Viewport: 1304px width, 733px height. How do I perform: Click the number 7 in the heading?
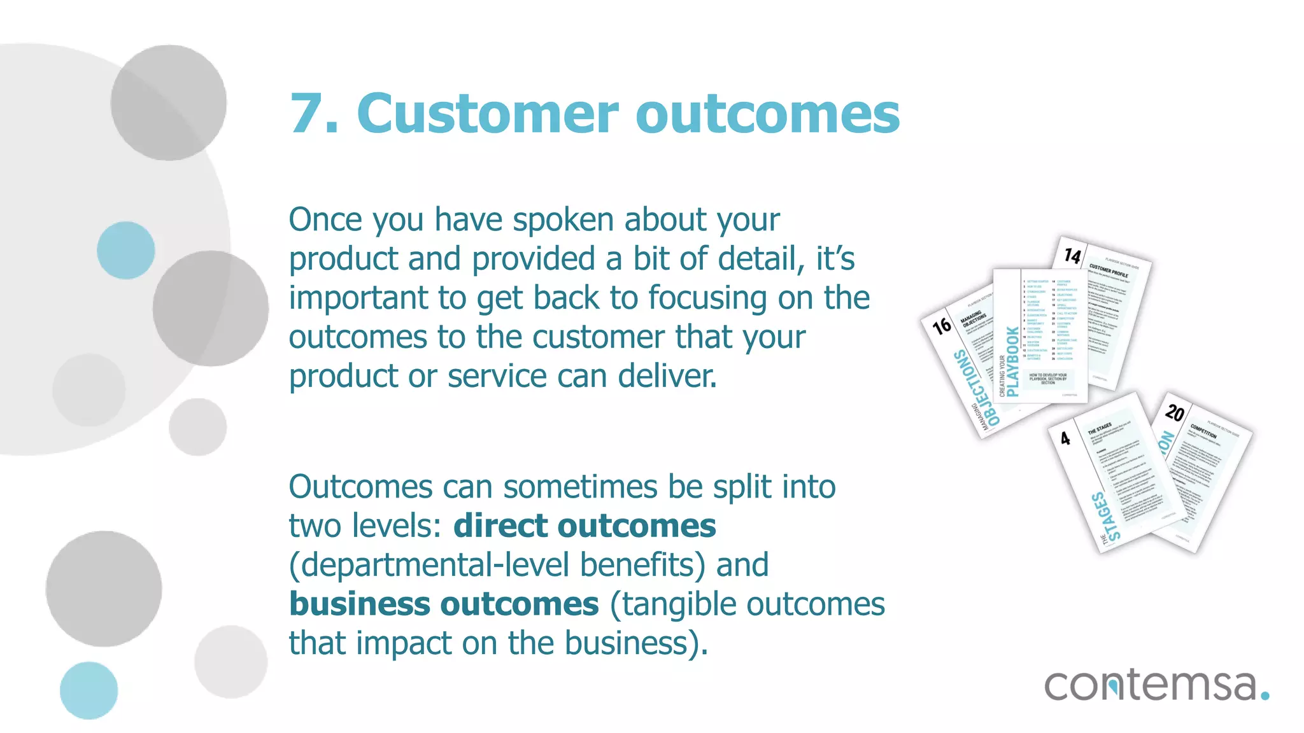click(x=308, y=115)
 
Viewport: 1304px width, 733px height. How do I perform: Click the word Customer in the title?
click(x=487, y=115)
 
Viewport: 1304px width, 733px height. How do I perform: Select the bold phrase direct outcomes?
click(x=585, y=526)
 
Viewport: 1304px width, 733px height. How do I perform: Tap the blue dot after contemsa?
click(x=1265, y=695)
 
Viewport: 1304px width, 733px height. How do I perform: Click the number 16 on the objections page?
click(x=942, y=326)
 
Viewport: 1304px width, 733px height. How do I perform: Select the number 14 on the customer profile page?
click(x=1073, y=256)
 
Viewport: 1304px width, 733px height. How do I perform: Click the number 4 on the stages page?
click(x=1065, y=438)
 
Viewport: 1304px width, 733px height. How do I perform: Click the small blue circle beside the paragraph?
click(x=126, y=250)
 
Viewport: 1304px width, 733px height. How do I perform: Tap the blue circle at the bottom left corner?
click(x=89, y=690)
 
